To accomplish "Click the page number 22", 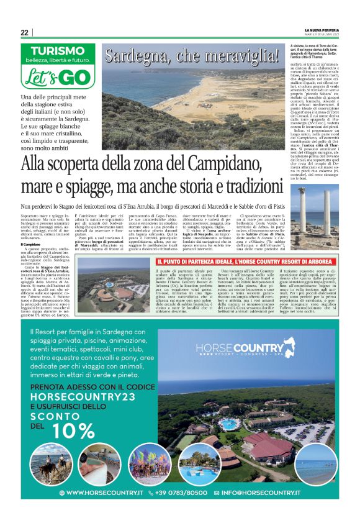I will coord(24,33).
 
